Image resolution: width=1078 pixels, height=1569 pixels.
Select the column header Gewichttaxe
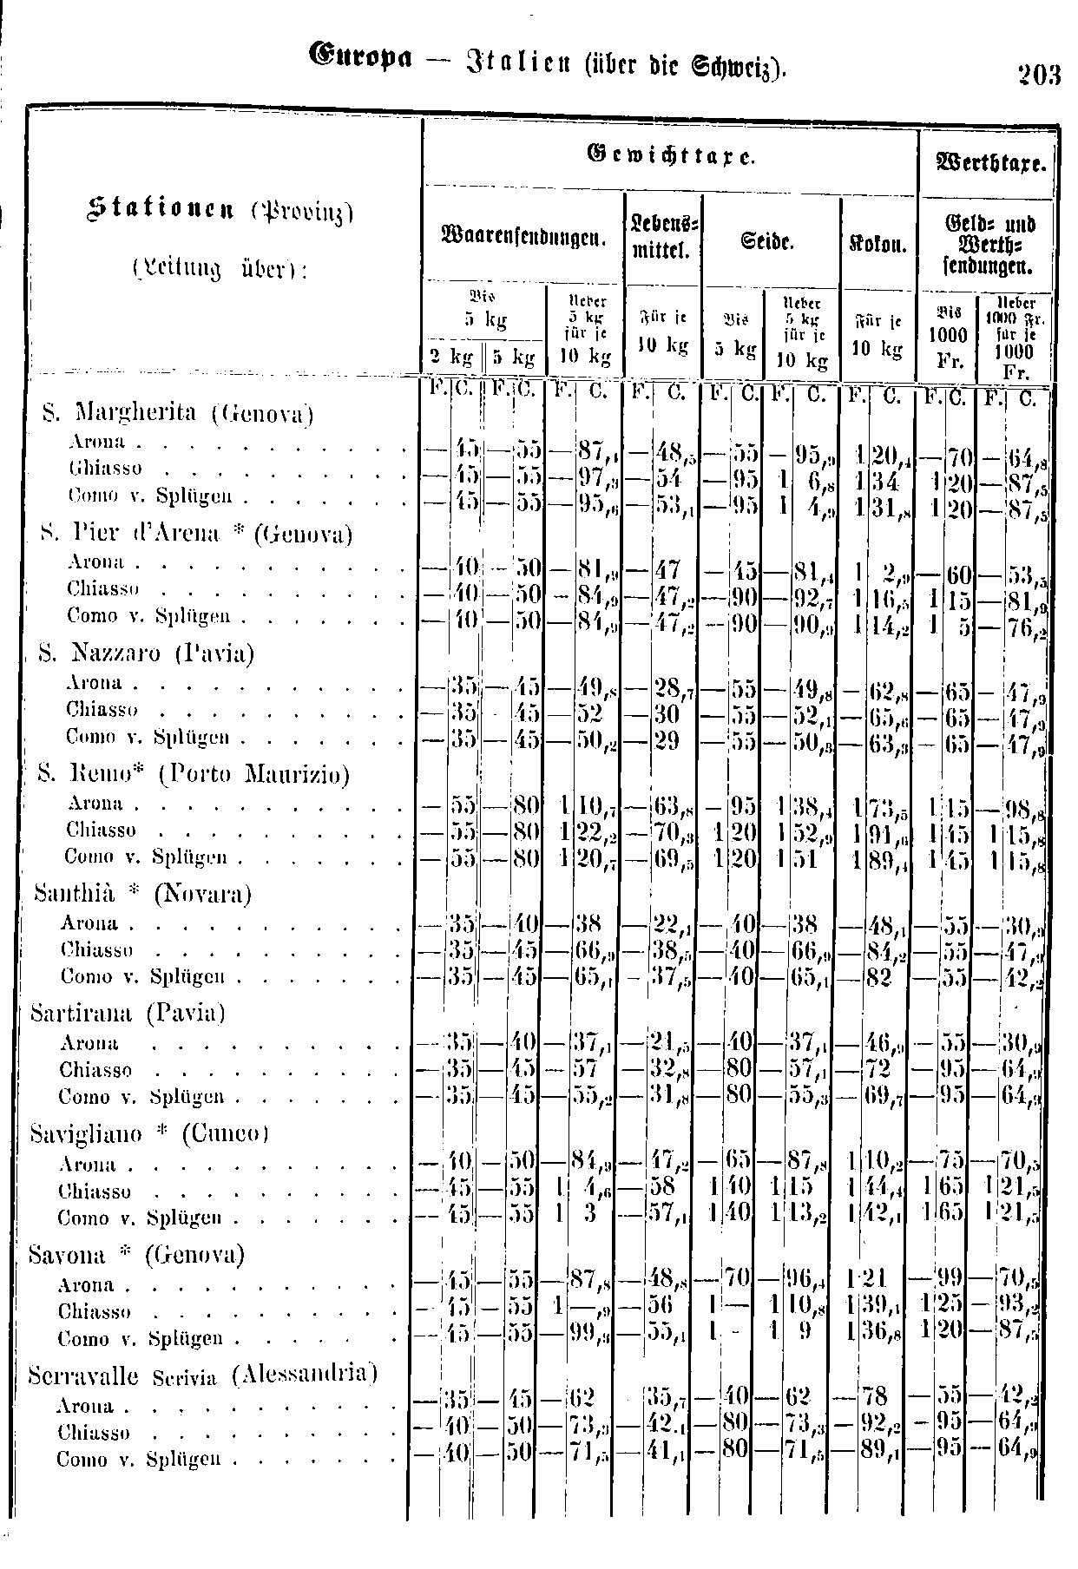(669, 157)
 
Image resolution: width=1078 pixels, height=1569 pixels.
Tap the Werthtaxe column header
(989, 162)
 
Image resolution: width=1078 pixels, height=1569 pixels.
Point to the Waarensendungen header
(523, 235)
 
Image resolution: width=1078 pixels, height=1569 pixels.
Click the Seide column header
(772, 235)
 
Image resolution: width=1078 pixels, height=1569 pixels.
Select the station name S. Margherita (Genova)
(177, 413)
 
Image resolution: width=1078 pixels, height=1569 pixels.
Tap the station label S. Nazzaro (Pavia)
(148, 653)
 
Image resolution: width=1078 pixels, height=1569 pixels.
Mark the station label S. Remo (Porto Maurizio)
(194, 773)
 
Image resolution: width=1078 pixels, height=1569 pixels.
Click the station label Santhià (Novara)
(142, 893)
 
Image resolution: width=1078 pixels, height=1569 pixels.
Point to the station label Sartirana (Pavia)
(128, 1013)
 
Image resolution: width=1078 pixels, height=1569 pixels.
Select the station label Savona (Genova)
(136, 1254)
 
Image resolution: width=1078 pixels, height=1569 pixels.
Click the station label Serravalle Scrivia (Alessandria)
(202, 1375)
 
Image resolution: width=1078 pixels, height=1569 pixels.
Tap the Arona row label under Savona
(85, 1284)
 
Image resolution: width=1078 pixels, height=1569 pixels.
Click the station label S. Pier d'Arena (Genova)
(196, 533)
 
